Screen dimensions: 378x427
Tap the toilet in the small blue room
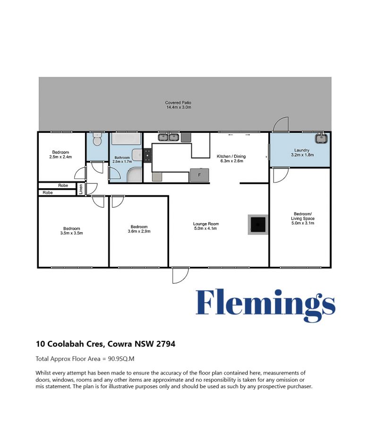[97, 139]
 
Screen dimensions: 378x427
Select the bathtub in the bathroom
[126, 139]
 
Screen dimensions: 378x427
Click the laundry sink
[321, 139]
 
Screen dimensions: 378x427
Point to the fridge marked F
[199, 175]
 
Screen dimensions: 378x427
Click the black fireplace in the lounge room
[258, 225]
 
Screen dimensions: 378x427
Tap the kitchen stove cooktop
[147, 156]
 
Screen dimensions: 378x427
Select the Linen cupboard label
[81, 189]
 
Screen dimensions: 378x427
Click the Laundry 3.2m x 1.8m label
[302, 152]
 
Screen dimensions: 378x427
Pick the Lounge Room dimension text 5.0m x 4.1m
[206, 228]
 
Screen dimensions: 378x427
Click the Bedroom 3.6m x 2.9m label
[139, 229]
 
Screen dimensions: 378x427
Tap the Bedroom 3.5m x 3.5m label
[71, 231]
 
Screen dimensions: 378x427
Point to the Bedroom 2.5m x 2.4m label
[60, 155]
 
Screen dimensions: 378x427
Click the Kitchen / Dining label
[232, 157]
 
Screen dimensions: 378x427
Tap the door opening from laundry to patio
[280, 124]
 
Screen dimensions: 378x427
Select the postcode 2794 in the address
[166, 344]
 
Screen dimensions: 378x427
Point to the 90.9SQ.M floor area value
[121, 358]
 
